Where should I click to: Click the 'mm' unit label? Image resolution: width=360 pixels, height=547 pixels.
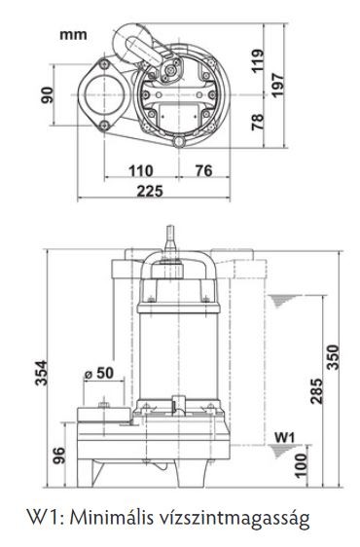(x=73, y=35)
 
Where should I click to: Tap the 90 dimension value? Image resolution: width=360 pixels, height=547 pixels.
(x=48, y=95)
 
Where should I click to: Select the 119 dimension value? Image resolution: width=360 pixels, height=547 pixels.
(x=258, y=61)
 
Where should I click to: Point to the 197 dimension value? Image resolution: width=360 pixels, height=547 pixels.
(x=278, y=86)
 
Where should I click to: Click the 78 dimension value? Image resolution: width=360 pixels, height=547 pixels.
(x=258, y=122)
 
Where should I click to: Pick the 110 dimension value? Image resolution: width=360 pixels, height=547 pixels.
(x=141, y=171)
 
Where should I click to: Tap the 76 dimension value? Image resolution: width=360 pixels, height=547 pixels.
(x=204, y=171)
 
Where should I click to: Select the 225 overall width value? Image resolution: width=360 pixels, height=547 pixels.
(x=150, y=191)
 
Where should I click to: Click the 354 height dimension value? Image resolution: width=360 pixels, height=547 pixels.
(x=42, y=373)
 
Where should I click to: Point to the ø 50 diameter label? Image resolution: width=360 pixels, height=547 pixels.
(x=99, y=373)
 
